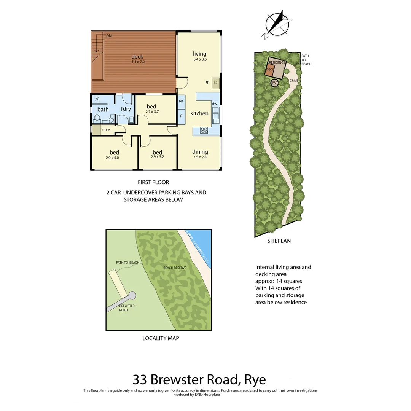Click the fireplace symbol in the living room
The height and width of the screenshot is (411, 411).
pyautogui.click(x=216, y=83)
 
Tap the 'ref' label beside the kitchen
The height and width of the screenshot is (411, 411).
pyautogui.click(x=181, y=101)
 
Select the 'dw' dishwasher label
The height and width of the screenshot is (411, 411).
pyautogui.click(x=214, y=104)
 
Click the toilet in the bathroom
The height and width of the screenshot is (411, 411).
pyautogui.click(x=97, y=118)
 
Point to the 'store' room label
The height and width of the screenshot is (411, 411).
pyautogui.click(x=105, y=130)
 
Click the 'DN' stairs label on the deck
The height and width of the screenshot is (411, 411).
pyautogui.click(x=109, y=36)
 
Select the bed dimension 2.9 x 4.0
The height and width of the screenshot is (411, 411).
pyautogui.click(x=112, y=157)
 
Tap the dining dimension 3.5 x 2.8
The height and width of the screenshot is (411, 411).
pyautogui.click(x=200, y=157)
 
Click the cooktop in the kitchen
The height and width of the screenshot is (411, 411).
pyautogui.click(x=204, y=131)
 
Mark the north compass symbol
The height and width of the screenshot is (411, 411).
pyautogui.click(x=277, y=24)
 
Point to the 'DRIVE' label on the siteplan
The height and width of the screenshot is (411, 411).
pyautogui.click(x=293, y=81)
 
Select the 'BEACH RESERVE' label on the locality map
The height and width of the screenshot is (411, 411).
pyautogui.click(x=175, y=268)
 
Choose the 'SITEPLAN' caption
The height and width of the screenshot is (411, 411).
pyautogui.click(x=279, y=241)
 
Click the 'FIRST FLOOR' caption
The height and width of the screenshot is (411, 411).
pyautogui.click(x=153, y=182)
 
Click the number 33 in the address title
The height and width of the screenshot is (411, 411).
pyautogui.click(x=140, y=380)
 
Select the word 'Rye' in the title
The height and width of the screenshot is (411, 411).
pyautogui.click(x=255, y=380)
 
